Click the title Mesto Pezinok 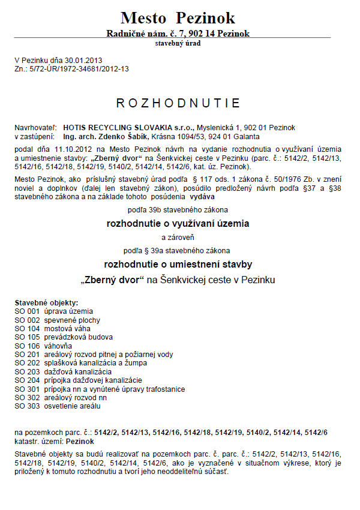tap(178, 17)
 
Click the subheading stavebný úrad tap(178, 44)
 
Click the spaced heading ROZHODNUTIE tap(178, 103)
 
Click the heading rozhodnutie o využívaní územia tap(178, 224)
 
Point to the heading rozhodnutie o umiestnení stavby tap(178, 264)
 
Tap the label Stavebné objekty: tap(46, 303)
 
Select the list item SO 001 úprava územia tap(54, 311)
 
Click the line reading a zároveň tap(178, 237)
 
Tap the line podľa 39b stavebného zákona tap(178, 210)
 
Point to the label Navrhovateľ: tap(35, 128)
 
